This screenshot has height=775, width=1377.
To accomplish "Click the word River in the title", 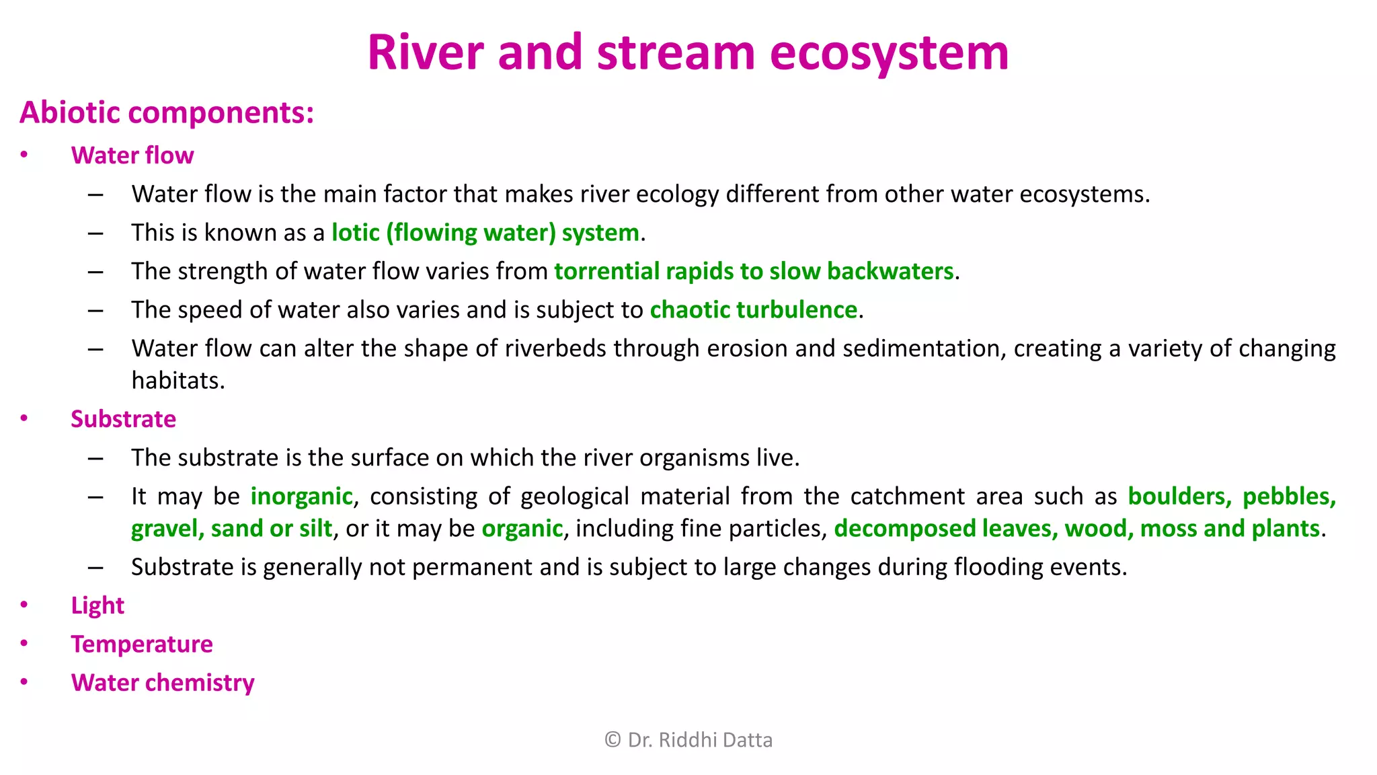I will [426, 53].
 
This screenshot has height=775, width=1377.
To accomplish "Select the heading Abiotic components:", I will [167, 112].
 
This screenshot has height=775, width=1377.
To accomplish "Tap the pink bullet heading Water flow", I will [132, 155].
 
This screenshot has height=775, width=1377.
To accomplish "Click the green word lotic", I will [356, 233].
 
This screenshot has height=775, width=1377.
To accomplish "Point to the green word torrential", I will [606, 271].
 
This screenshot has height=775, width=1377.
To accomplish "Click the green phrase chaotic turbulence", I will [753, 309].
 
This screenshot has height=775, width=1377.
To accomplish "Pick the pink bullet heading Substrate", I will [123, 419].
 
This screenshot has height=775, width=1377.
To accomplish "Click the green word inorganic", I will [301, 496].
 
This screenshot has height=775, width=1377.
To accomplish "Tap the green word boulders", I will [1179, 496].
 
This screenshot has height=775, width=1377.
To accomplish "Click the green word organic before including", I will [522, 529].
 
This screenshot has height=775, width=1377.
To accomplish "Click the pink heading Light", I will [97, 605].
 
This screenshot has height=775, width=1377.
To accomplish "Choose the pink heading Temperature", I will [142, 644].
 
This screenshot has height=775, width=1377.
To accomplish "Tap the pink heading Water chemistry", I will [163, 683].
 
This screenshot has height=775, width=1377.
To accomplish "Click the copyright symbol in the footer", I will [613, 740].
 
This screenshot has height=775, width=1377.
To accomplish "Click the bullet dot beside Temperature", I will [24, 643].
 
